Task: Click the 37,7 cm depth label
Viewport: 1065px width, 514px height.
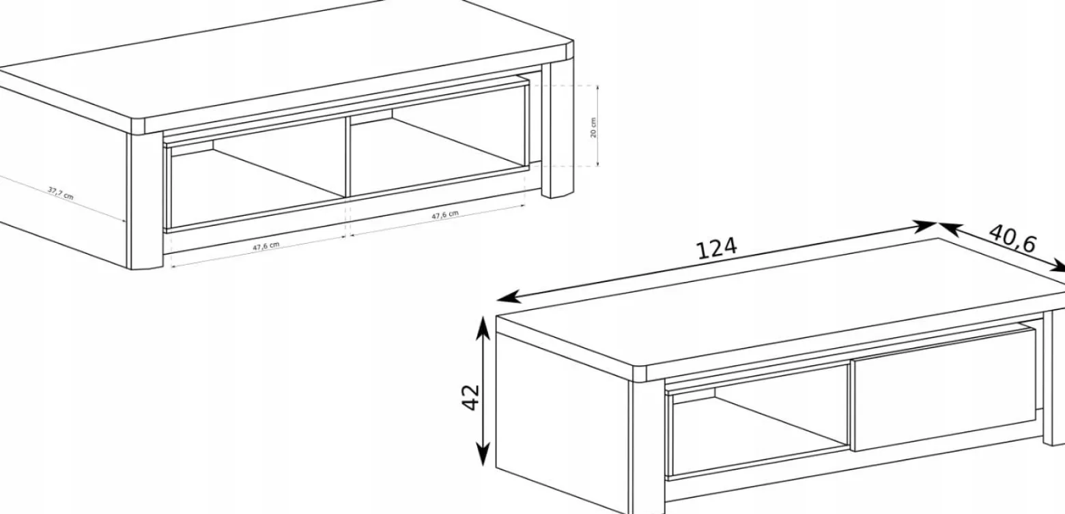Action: (x=61, y=193)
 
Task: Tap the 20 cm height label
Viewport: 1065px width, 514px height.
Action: (x=593, y=127)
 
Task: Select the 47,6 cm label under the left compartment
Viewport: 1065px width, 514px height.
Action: (x=266, y=246)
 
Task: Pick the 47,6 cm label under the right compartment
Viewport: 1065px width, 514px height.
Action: (x=445, y=215)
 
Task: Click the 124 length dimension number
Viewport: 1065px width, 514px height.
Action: (x=717, y=248)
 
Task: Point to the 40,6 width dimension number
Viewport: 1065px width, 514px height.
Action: (x=1012, y=238)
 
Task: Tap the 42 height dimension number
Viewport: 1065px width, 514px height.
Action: (x=471, y=397)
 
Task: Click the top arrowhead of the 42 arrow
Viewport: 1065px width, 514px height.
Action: (x=483, y=328)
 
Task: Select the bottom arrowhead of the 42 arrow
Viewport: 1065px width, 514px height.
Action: (x=483, y=454)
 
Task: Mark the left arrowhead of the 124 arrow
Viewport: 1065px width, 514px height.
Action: (x=507, y=298)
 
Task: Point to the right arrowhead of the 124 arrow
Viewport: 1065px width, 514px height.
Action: (x=925, y=226)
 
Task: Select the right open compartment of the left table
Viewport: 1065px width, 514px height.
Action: (x=438, y=152)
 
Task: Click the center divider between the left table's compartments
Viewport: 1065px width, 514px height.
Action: (x=347, y=156)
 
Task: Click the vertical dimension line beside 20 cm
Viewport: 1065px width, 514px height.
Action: (x=597, y=126)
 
